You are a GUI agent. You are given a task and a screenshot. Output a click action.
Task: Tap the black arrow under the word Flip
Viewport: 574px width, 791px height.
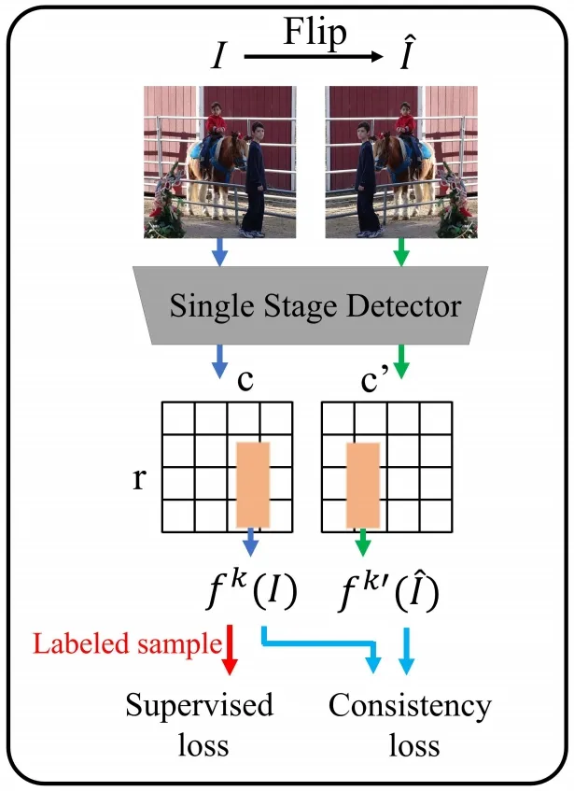[x=314, y=58]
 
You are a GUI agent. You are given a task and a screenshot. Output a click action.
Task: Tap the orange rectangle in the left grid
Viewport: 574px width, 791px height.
[x=253, y=483]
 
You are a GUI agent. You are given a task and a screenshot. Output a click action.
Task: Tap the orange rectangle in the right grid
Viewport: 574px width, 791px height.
[x=363, y=483]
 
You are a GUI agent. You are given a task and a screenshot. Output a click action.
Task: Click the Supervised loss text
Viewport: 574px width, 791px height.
[x=201, y=726]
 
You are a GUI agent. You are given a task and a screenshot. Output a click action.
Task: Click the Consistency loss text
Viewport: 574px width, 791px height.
[x=409, y=726]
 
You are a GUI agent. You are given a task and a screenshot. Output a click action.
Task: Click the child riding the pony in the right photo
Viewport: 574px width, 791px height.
[x=405, y=126]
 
